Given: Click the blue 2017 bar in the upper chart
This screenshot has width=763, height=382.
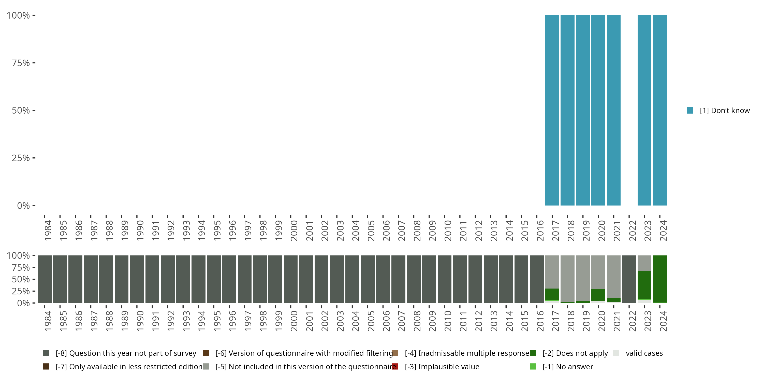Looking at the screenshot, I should click(552, 110).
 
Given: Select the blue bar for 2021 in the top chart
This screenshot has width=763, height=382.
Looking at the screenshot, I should click(613, 110).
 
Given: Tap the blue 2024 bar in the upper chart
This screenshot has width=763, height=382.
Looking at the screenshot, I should click(660, 110).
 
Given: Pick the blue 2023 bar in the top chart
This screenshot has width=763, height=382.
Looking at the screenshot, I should click(644, 110).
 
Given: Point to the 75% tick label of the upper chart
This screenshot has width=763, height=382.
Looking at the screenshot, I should click(21, 63).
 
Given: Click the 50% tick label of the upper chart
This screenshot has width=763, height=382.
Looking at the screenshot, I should click(21, 111).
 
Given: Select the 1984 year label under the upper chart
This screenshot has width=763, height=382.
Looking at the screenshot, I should click(48, 230).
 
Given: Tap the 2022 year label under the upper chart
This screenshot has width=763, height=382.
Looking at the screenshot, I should click(632, 230).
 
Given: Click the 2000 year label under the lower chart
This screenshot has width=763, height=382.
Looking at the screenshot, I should click(294, 321).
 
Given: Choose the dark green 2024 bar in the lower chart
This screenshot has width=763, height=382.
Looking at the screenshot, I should click(660, 279).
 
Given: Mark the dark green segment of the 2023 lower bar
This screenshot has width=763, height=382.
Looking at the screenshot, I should click(644, 285).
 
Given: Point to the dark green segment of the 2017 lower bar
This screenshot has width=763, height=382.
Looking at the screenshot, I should click(552, 294).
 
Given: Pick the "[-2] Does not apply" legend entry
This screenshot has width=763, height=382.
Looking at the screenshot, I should click(575, 353).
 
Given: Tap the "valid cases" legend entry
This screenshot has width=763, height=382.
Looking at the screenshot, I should click(644, 353).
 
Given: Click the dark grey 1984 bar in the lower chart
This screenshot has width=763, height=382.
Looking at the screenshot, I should click(45, 279).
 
